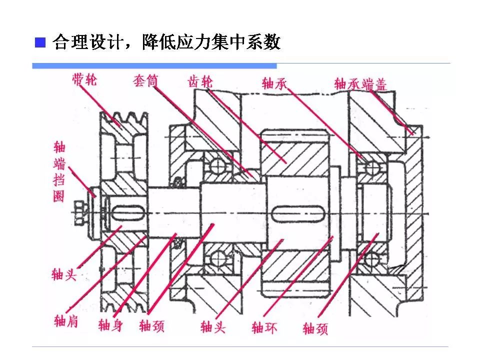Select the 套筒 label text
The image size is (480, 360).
[x=145, y=80]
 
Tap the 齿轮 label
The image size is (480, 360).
[x=200, y=81]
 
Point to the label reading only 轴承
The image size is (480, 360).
[x=274, y=83]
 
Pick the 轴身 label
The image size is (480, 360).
[x=110, y=325]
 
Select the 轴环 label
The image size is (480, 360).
[x=264, y=327]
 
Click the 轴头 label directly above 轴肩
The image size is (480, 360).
[x=64, y=274]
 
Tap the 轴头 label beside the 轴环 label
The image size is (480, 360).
[x=213, y=327]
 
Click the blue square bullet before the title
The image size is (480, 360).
[x=39, y=42]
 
